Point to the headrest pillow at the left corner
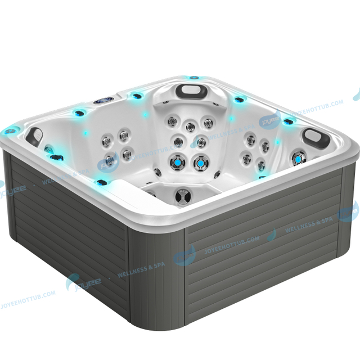pyautogui.click(x=35, y=135)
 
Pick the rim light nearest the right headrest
pyautogui.click(x=289, y=121)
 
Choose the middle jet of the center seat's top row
pyautogui.click(x=191, y=127)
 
